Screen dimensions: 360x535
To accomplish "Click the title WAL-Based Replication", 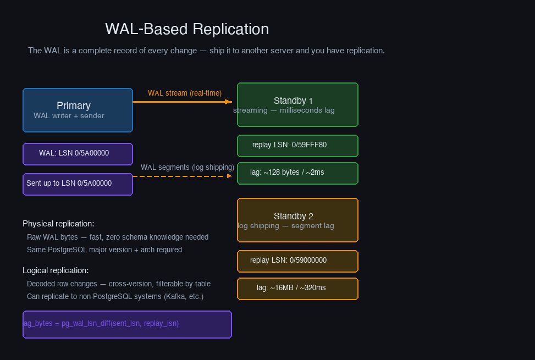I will click(187, 29).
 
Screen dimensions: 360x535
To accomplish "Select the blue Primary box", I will click(78, 110).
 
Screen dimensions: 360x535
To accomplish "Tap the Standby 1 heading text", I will click(293, 101).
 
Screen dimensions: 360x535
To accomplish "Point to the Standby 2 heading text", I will click(293, 216).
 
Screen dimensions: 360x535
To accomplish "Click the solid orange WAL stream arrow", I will click(181, 102).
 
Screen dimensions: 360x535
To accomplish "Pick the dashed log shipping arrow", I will click(181, 176).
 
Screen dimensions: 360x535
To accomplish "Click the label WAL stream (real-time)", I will click(185, 93).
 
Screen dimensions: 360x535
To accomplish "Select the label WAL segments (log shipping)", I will click(187, 167).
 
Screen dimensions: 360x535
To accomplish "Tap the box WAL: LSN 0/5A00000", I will click(78, 154).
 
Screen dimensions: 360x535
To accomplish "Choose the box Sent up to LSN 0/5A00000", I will click(78, 184).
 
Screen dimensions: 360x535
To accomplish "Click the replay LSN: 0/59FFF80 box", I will click(297, 146).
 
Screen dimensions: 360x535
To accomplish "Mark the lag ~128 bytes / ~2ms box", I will click(297, 173).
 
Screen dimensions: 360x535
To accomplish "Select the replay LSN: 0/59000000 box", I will click(297, 261).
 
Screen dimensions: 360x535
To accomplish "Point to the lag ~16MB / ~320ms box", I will click(297, 289).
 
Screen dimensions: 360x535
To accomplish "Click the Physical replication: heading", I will click(58, 224).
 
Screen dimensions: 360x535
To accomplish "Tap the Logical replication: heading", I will click(56, 270).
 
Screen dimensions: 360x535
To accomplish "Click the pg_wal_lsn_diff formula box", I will click(127, 324).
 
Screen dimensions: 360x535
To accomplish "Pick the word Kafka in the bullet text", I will click(175, 296).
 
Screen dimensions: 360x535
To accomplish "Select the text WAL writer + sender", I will click(69, 116).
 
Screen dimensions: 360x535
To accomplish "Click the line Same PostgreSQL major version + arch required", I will click(104, 250).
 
